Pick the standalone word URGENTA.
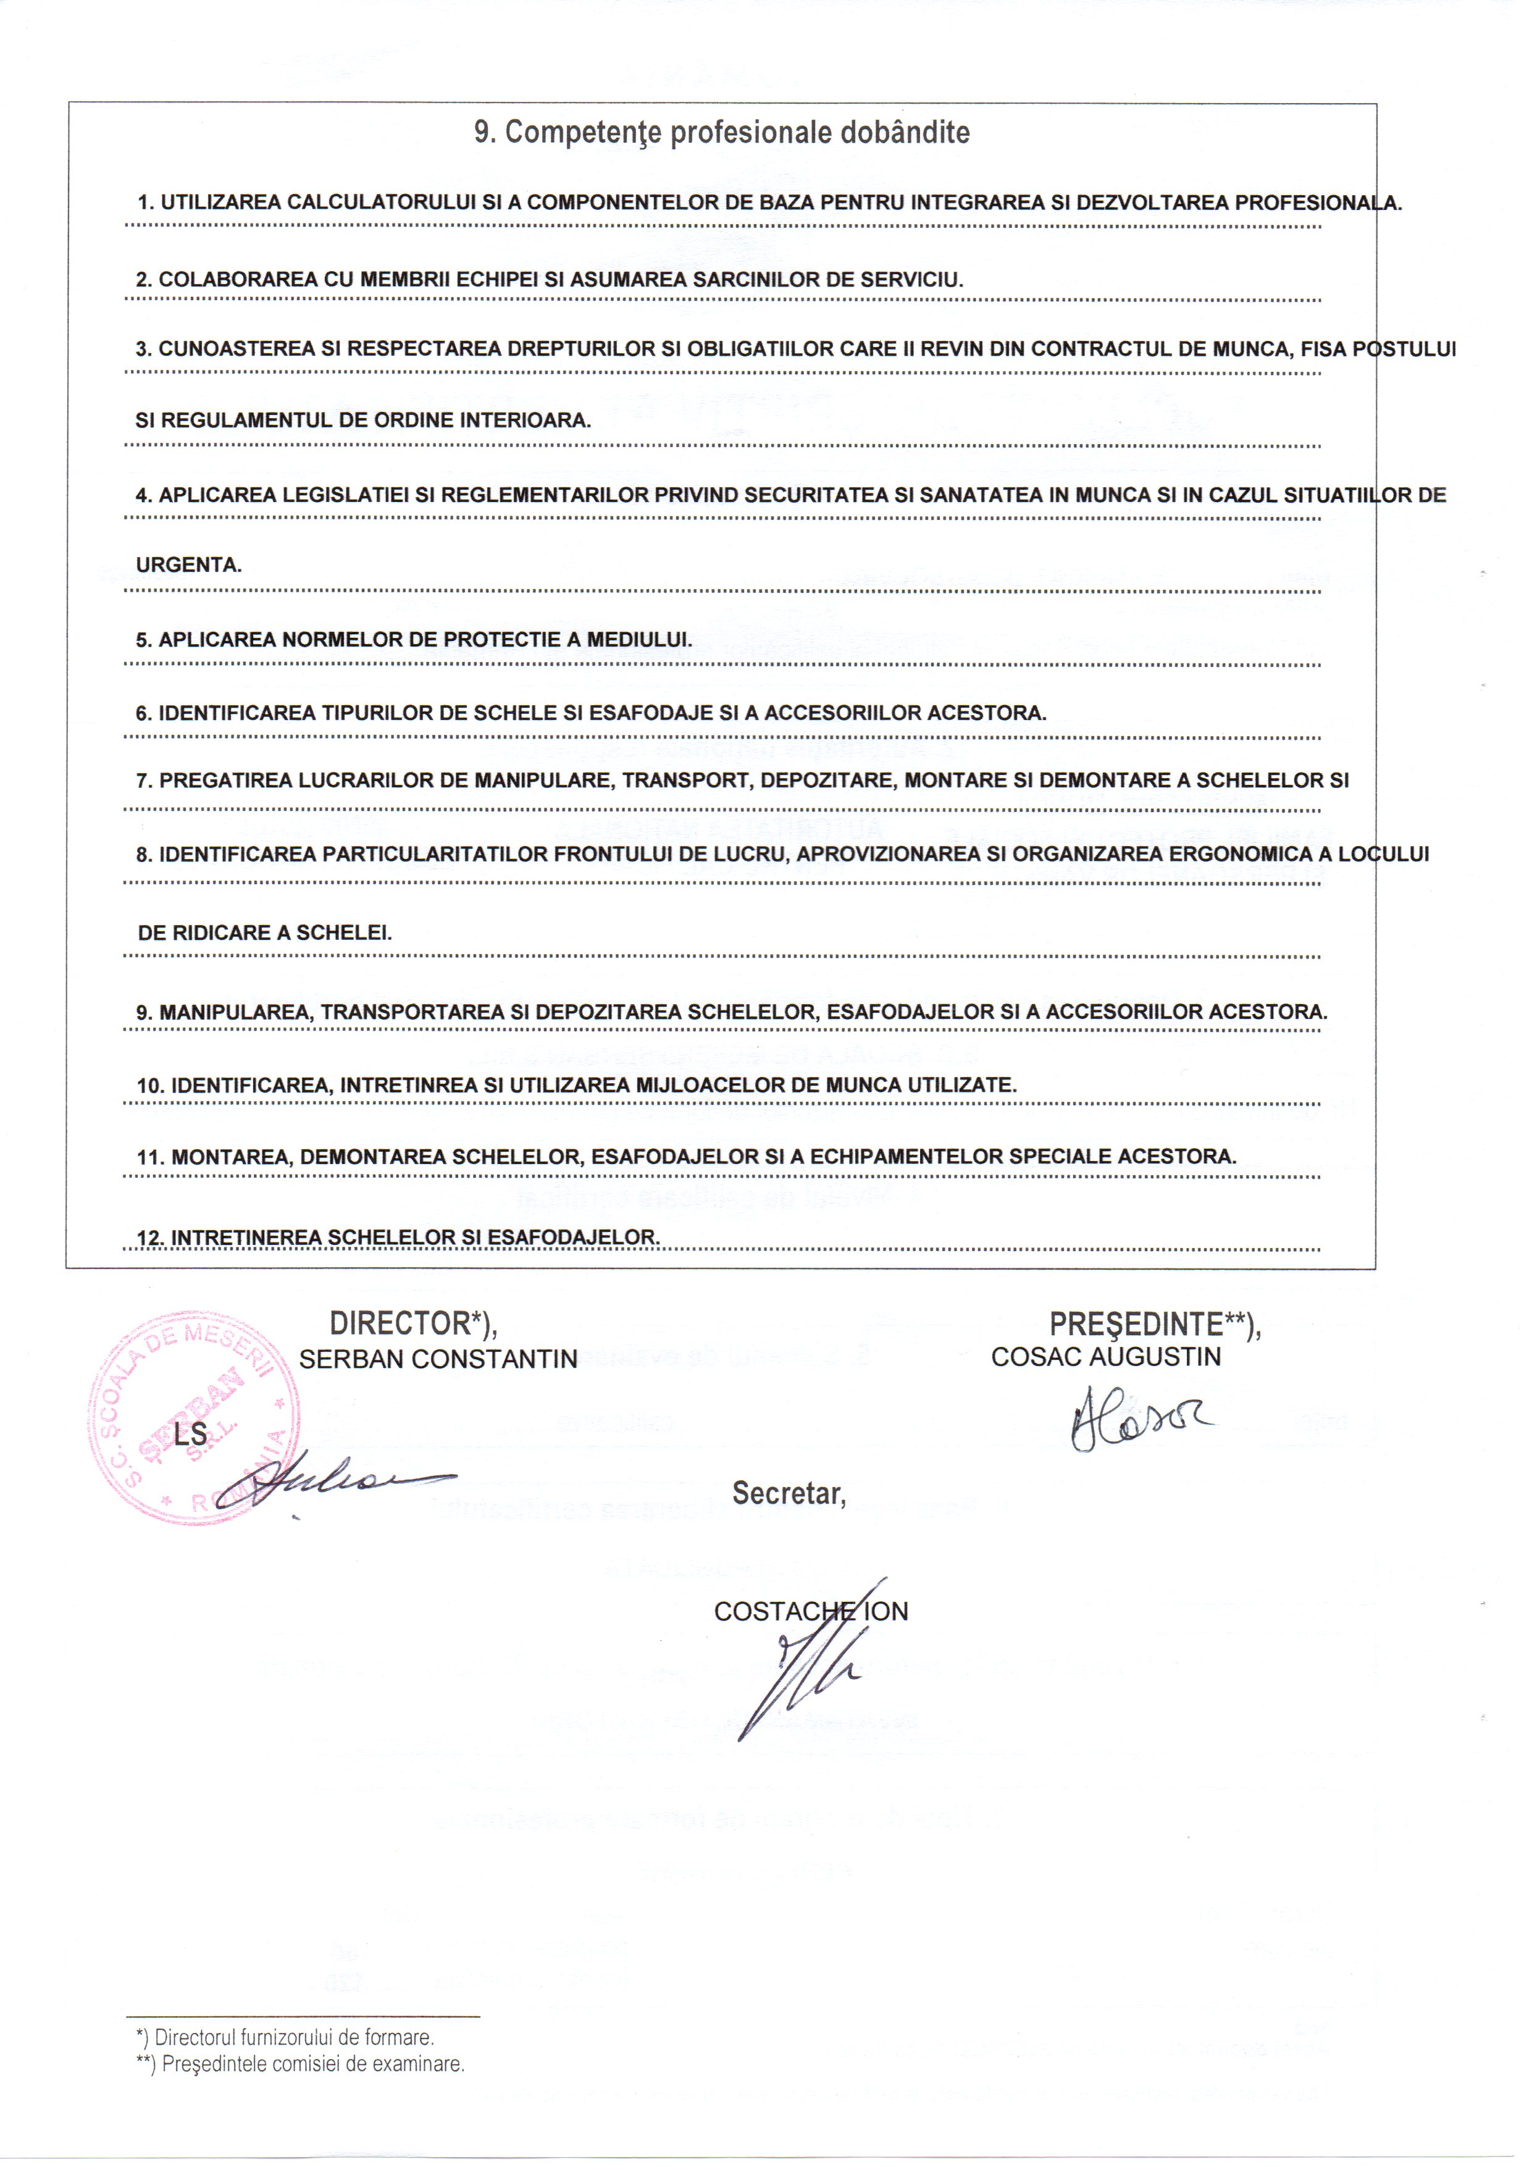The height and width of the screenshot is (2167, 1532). coord(189,566)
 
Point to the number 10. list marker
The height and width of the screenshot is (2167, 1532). coord(151,1086)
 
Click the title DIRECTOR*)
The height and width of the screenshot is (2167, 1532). coord(414,1324)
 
